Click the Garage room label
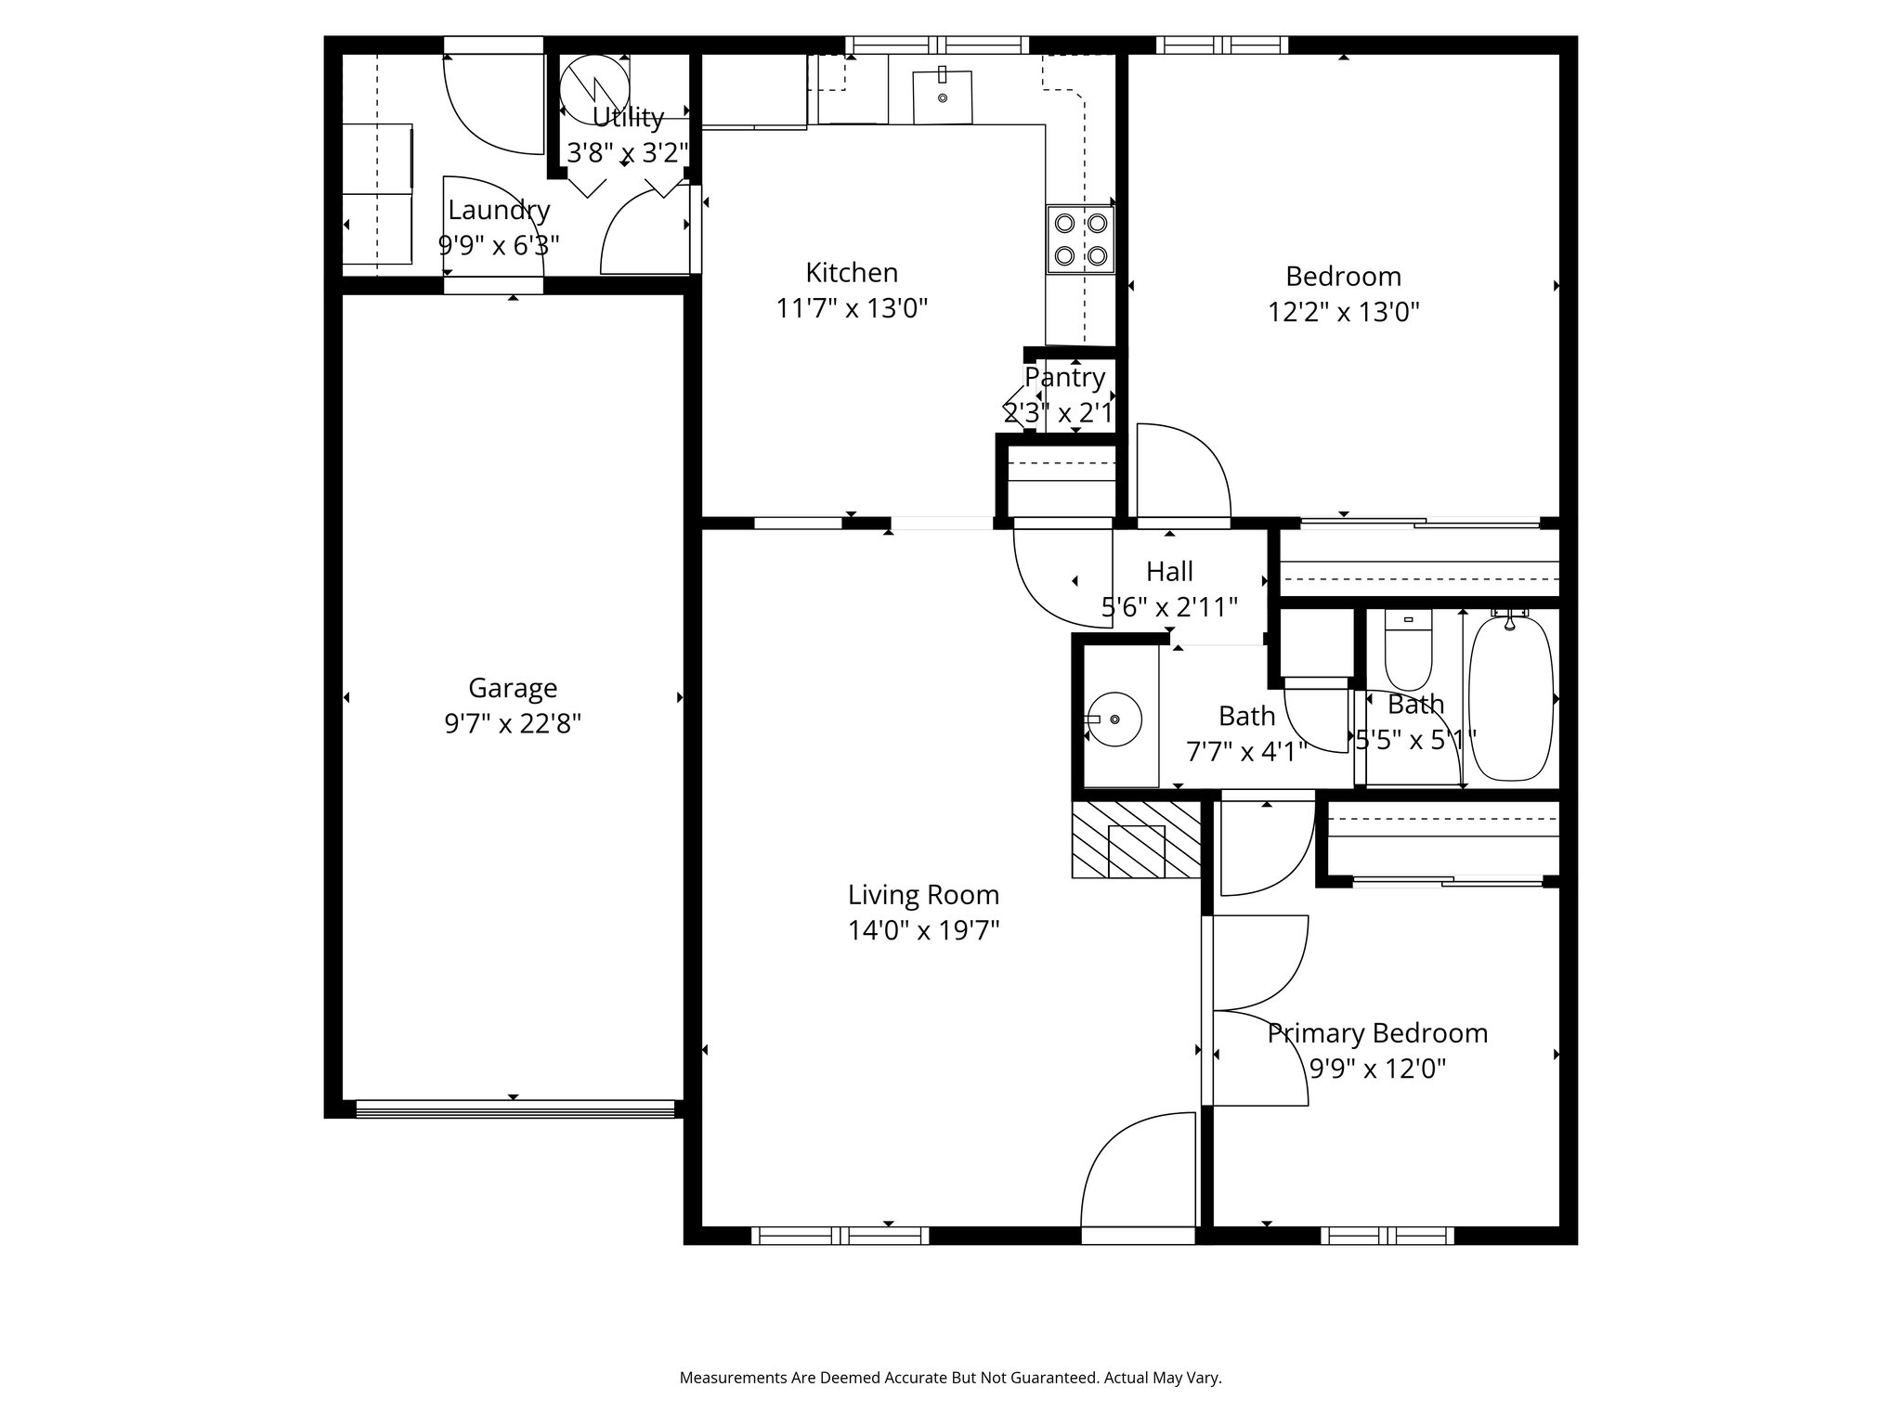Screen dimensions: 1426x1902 (513, 688)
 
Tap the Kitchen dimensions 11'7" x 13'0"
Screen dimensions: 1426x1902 (852, 308)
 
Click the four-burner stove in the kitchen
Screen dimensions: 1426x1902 (1080, 239)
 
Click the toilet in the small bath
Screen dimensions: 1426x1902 (1408, 650)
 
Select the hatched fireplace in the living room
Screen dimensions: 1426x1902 (1136, 840)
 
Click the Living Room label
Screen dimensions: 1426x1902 (923, 895)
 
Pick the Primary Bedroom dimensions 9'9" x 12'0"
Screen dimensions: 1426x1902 (1377, 1069)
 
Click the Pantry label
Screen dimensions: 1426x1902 (1064, 378)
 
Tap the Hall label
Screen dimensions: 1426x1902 (1169, 571)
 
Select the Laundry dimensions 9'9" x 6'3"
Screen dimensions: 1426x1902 (499, 246)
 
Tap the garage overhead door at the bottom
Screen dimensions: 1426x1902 (515, 1108)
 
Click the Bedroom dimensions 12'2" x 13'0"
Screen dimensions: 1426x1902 (1343, 312)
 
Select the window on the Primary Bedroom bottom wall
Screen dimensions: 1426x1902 (1387, 1235)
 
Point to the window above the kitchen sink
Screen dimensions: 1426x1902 (938, 45)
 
